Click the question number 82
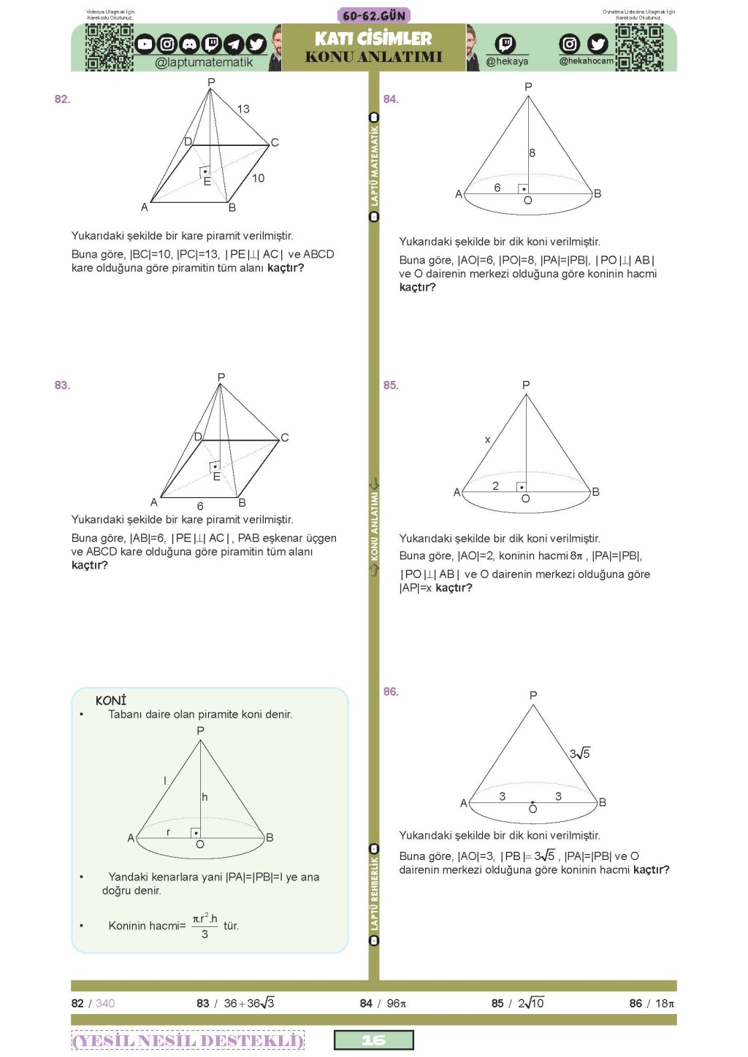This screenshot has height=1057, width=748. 62,99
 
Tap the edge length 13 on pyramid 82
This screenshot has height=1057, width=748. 243,109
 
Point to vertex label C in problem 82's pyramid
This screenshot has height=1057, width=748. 275,142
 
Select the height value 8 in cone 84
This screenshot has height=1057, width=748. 532,153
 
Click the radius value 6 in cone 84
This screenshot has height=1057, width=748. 497,188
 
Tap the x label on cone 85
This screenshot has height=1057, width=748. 488,439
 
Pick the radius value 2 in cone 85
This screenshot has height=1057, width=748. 495,486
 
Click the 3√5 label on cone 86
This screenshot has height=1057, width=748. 580,753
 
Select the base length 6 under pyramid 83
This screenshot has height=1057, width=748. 200,506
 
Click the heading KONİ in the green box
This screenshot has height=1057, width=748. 111,700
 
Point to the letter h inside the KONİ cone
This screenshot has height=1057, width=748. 205,797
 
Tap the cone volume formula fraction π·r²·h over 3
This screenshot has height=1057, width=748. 205,926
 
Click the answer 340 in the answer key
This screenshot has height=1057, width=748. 105,1003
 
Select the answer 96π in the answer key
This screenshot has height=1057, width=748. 396,1003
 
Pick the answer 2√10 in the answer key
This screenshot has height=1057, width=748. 531,1003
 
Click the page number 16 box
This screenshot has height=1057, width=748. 373,1039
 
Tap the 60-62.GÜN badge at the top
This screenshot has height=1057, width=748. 374,15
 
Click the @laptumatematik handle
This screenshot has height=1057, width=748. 204,62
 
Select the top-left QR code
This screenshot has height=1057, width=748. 109,47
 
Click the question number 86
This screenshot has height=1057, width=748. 391,691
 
